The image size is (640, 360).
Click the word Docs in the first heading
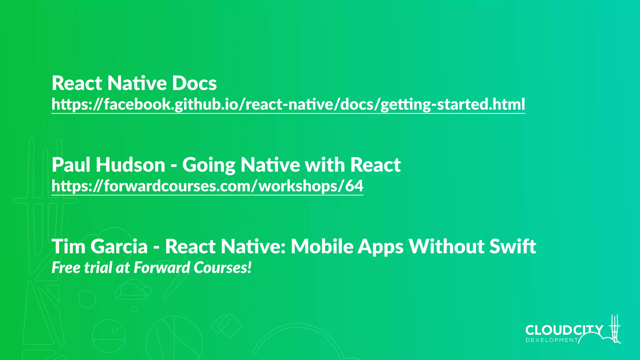(194, 83)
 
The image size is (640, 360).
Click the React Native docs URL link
(288, 104)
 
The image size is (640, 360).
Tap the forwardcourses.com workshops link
(207, 186)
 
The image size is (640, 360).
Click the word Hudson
(130, 165)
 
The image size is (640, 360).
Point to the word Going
(209, 166)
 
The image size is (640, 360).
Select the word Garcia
(119, 247)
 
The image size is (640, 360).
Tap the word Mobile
(322, 247)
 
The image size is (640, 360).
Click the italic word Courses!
(222, 268)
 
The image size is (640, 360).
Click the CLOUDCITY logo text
(564, 330)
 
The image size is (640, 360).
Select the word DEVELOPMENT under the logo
(552, 340)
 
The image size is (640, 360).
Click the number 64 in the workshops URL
(354, 186)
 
